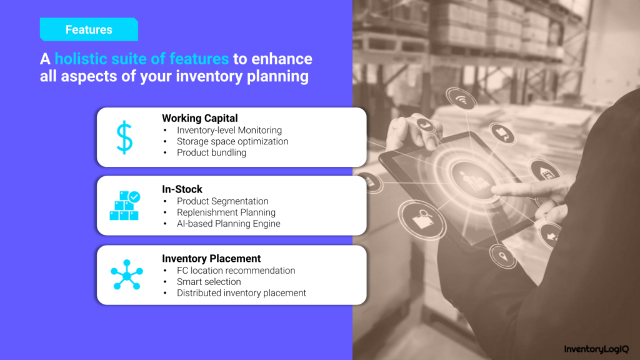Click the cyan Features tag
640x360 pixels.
click(89, 29)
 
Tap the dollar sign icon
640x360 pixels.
click(124, 137)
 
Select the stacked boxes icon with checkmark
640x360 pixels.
click(125, 205)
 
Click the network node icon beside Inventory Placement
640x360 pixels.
click(126, 275)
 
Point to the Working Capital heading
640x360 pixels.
click(199, 118)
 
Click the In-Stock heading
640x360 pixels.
click(182, 189)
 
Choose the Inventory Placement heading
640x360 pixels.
click(211, 259)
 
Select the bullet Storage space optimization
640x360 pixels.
click(232, 142)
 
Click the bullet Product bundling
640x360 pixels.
click(211, 152)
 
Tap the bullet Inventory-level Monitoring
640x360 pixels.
click(229, 130)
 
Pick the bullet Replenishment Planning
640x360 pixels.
click(226, 212)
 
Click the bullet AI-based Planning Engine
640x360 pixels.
click(229, 224)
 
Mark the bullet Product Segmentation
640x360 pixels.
click(222, 201)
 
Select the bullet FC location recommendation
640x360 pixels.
click(236, 271)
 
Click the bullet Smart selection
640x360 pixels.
click(209, 282)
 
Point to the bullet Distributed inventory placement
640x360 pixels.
click(241, 293)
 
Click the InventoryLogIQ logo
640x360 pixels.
click(596, 349)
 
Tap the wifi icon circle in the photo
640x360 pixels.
click(461, 99)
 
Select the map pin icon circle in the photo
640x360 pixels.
click(503, 257)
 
